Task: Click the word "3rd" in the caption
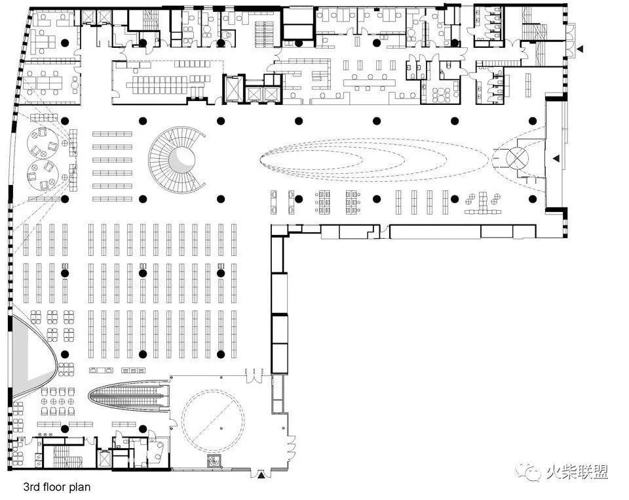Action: pos(31,487)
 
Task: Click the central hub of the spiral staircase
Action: pos(181,159)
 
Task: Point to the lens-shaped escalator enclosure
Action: pos(129,396)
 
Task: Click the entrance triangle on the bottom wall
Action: pos(261,476)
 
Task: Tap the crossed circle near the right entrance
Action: pos(518,158)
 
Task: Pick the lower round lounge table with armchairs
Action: pos(43,175)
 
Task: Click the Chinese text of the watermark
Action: pos(577,472)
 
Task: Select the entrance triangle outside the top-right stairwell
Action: pos(580,49)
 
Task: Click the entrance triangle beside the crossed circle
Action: pos(556,159)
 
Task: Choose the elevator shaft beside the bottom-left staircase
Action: pos(104,458)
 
